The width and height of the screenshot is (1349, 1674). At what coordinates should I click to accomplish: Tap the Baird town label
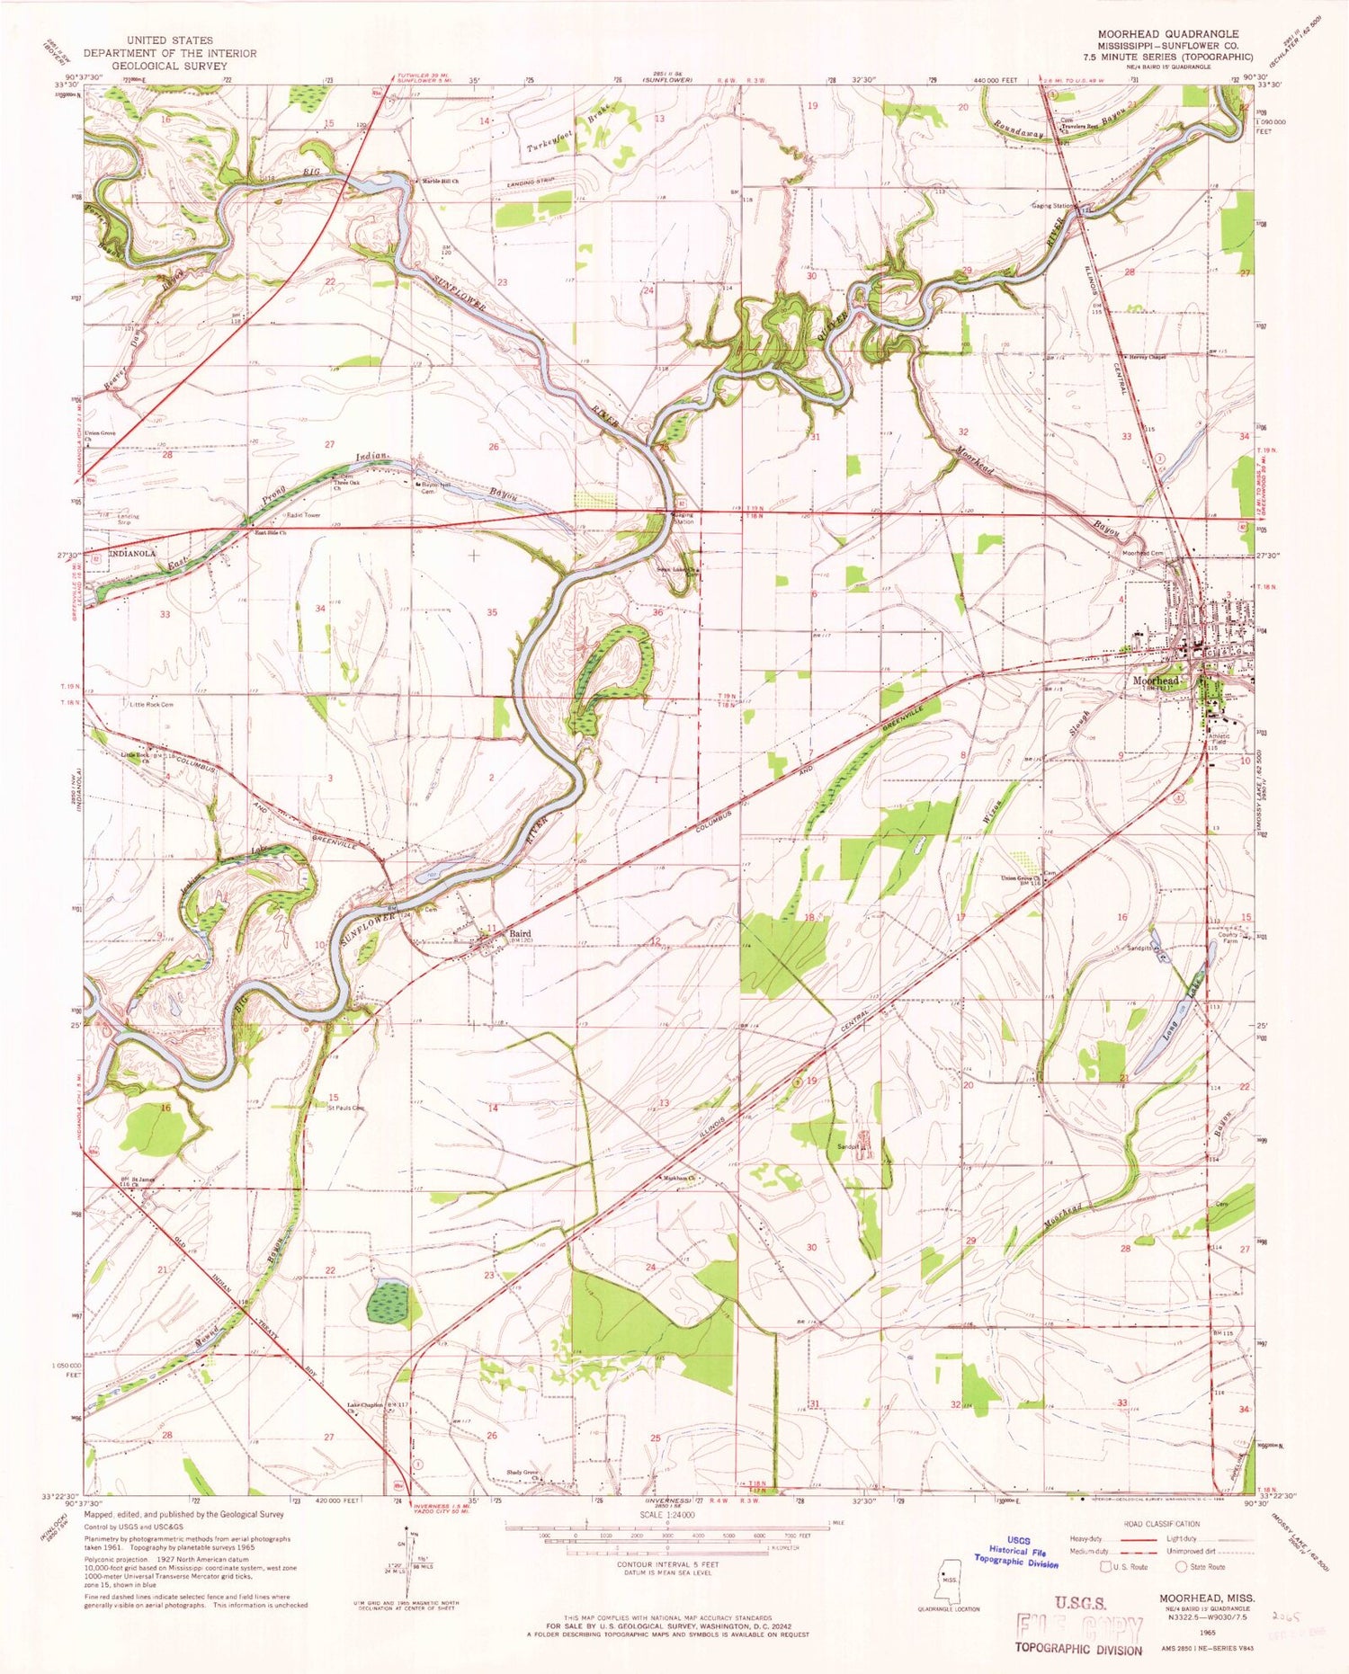click(x=521, y=934)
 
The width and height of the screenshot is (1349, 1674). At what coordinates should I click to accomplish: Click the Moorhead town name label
click(x=1155, y=681)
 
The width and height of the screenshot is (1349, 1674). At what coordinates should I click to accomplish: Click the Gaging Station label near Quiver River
click(x=1050, y=206)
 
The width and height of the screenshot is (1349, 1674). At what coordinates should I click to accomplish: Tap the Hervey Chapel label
click(x=1148, y=357)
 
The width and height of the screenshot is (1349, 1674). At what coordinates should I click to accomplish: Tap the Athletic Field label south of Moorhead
click(x=1219, y=739)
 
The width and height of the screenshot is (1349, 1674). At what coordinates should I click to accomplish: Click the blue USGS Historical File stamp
click(x=1016, y=1550)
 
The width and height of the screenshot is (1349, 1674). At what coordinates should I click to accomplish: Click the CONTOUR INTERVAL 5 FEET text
click(x=666, y=1564)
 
